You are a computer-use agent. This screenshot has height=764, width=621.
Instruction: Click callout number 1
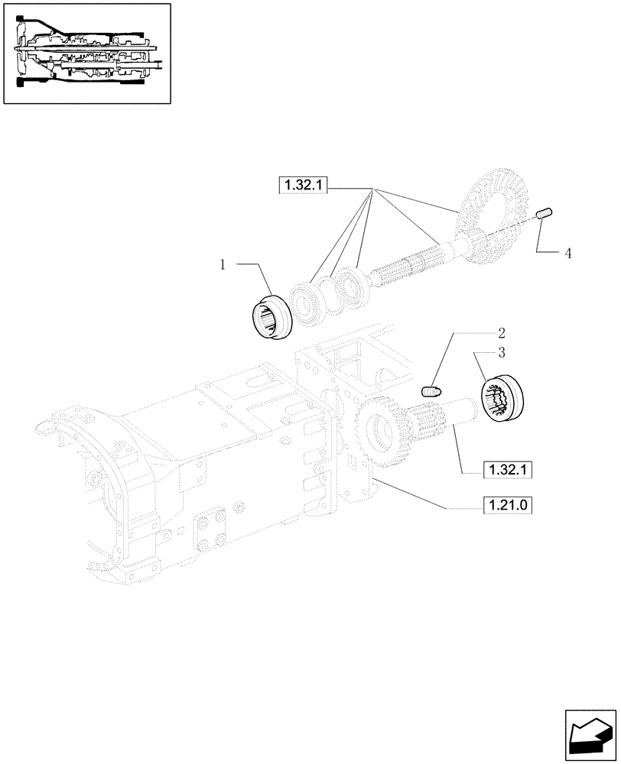point(223,264)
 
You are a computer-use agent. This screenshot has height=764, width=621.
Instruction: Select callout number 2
point(501,333)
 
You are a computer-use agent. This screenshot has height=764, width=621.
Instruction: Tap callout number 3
point(501,352)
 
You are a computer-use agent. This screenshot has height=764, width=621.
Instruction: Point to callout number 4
point(567,252)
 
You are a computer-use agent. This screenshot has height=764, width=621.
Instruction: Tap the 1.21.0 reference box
point(506,505)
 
